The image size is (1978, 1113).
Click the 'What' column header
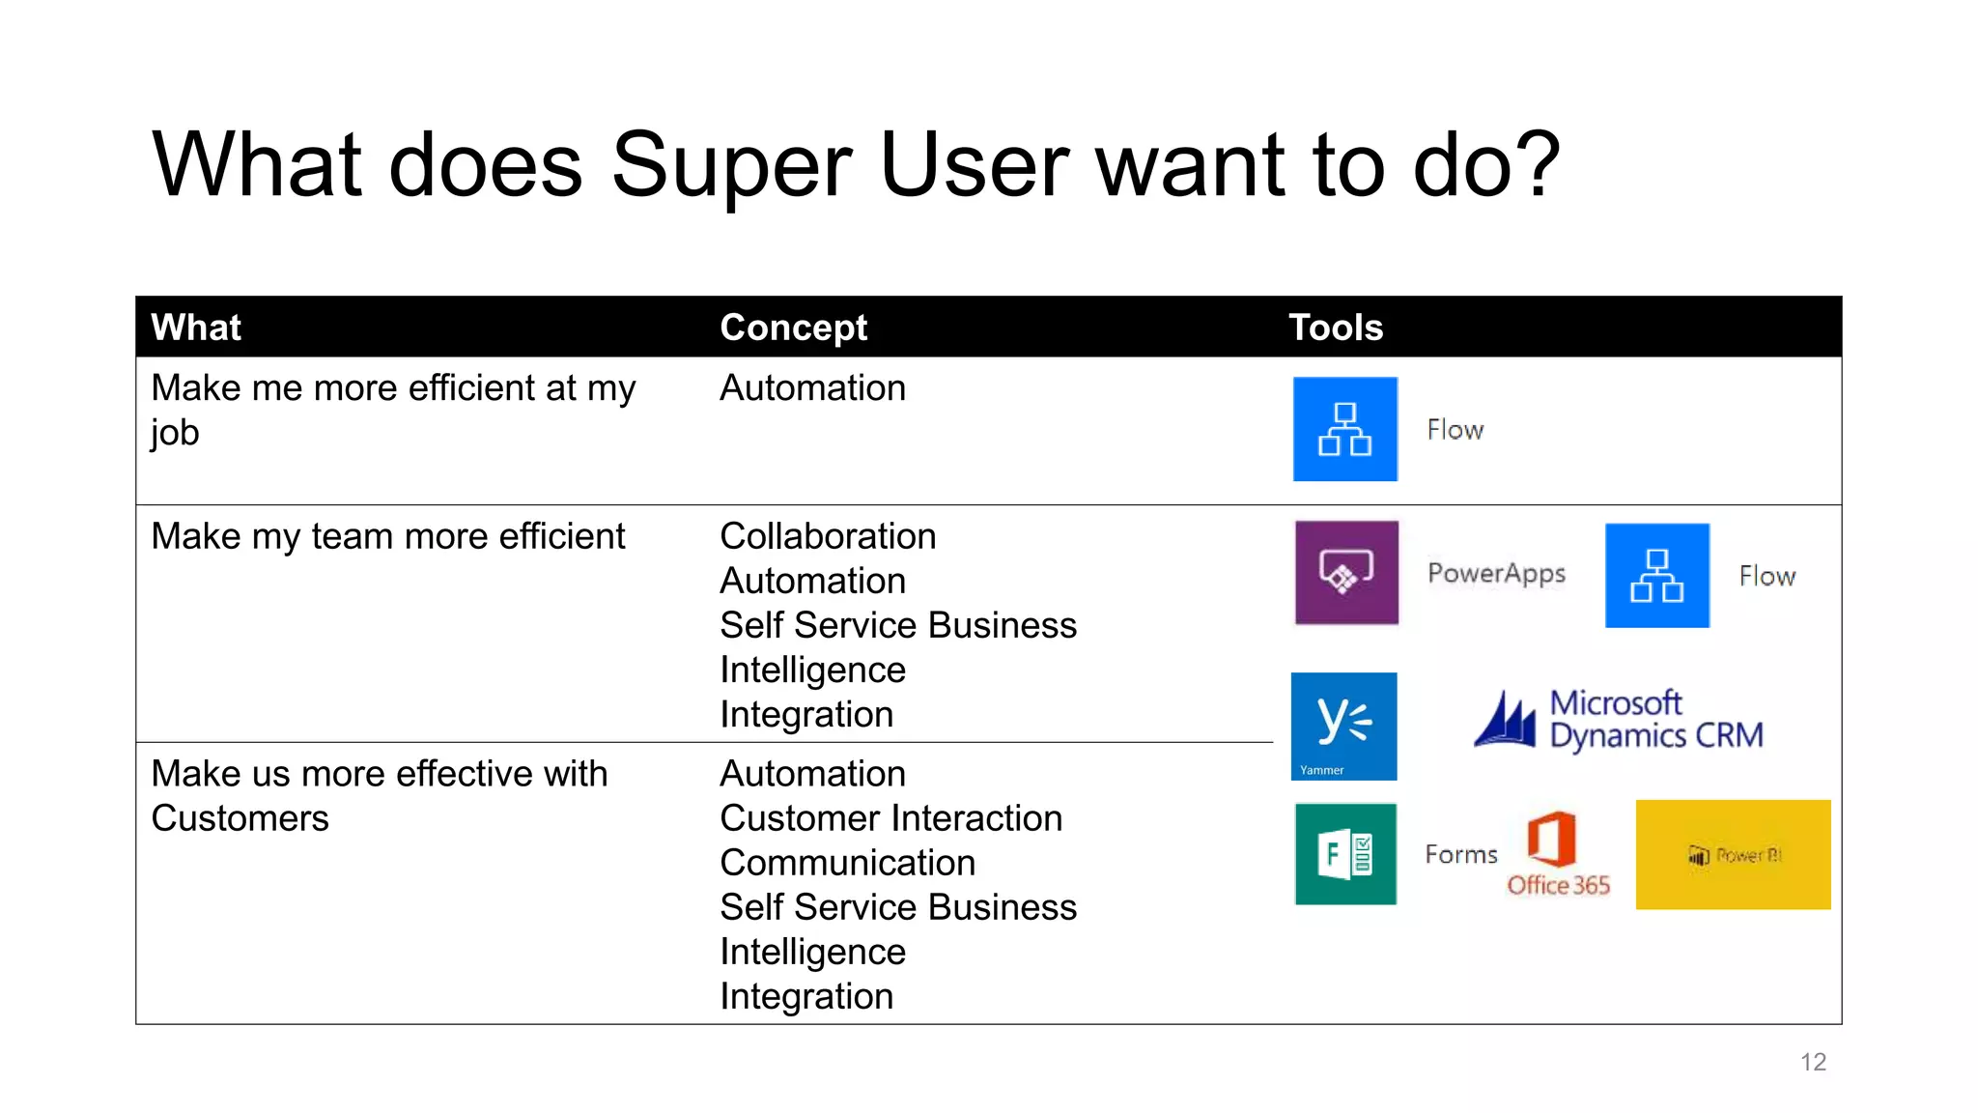(x=196, y=328)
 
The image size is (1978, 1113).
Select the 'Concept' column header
(x=793, y=328)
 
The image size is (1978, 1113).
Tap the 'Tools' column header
(x=1335, y=328)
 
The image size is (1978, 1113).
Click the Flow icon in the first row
(x=1344, y=429)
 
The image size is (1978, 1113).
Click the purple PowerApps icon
(x=1345, y=573)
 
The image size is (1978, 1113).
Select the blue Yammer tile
(x=1343, y=726)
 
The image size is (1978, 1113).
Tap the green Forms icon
(x=1345, y=854)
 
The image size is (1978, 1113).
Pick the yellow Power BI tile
(x=1733, y=854)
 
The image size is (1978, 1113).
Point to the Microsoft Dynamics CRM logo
(x=1619, y=721)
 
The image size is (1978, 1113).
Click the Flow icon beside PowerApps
(x=1656, y=576)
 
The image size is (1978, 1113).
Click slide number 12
(x=1813, y=1062)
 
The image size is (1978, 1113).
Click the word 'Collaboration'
(x=828, y=536)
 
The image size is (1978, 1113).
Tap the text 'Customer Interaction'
(x=890, y=818)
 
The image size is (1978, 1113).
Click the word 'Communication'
(x=847, y=863)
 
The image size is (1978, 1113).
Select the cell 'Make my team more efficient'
(x=388, y=536)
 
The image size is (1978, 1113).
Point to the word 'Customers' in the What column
(x=240, y=818)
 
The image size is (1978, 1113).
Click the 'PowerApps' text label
(x=1496, y=574)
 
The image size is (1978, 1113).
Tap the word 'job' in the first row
(x=175, y=432)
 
